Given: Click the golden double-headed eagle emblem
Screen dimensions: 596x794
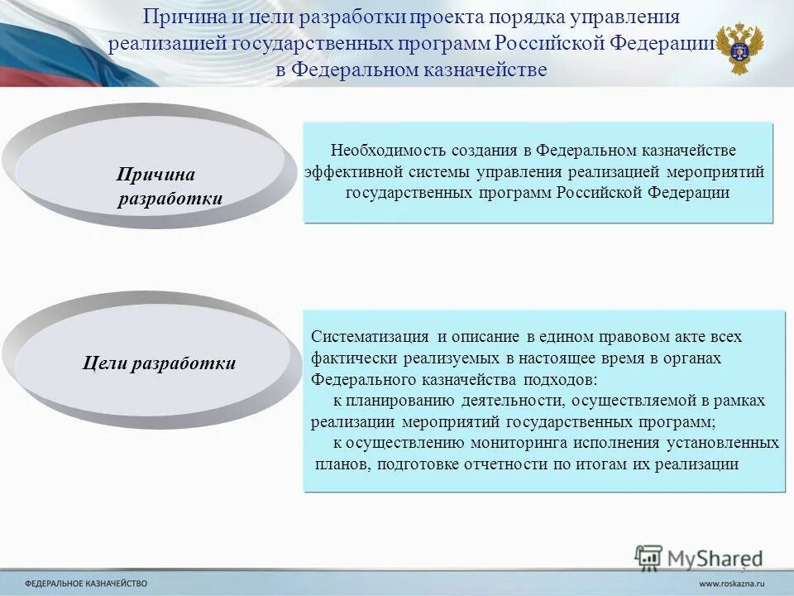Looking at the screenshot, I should click(x=739, y=48).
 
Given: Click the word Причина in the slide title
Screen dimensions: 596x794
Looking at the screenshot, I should click(x=176, y=17).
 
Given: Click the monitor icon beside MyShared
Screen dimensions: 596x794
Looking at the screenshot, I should click(x=648, y=557).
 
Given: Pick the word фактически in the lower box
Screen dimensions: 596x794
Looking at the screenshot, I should click(x=356, y=358).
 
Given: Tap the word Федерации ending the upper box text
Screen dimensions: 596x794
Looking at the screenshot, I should click(x=689, y=193).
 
